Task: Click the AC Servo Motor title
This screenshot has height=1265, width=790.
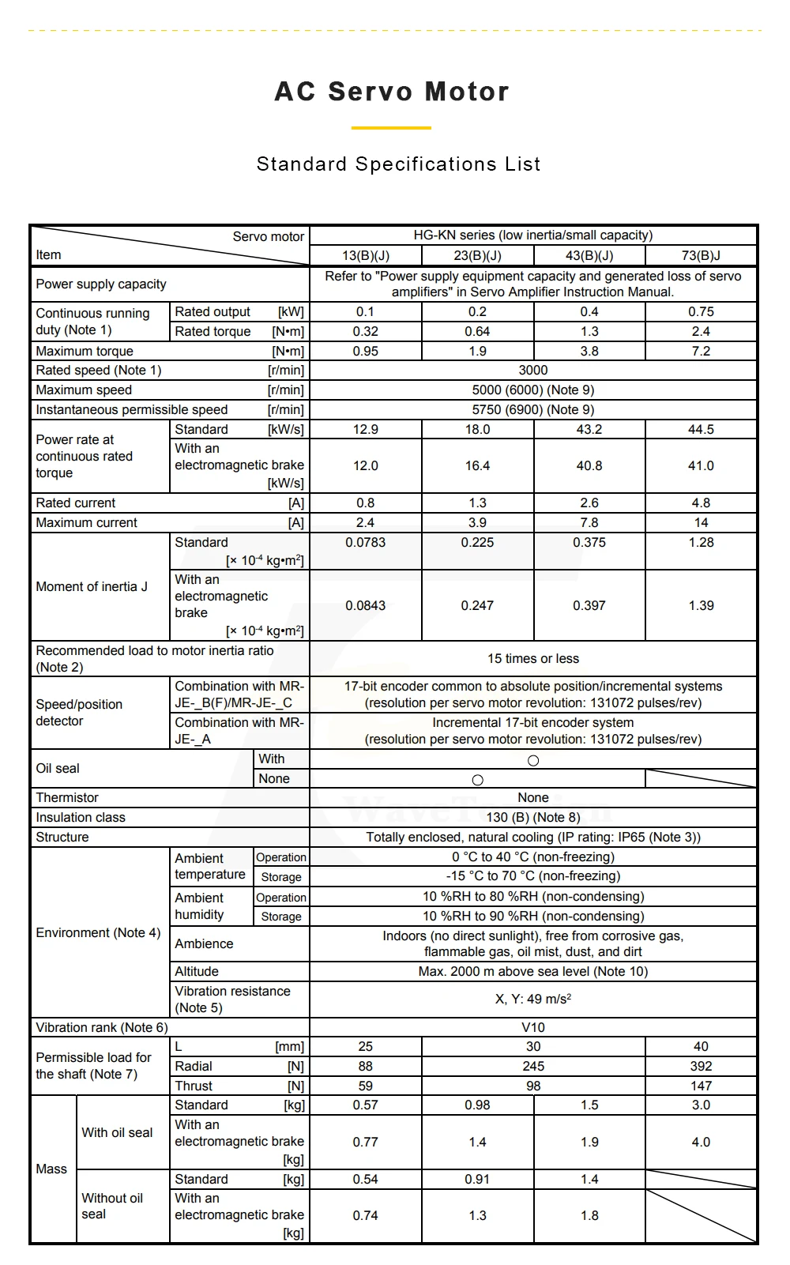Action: tap(392, 92)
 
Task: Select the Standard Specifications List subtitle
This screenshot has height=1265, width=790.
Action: tap(398, 164)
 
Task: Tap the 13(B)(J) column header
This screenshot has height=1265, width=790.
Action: tap(366, 256)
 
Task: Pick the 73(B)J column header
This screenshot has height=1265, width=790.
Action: tap(701, 256)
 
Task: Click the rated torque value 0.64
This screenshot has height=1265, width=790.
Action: tap(477, 332)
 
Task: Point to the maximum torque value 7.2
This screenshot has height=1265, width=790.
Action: tap(701, 352)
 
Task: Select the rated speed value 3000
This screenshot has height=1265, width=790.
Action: tap(533, 371)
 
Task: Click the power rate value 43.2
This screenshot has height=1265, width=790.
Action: tap(589, 430)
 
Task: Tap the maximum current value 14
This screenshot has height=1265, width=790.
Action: tap(701, 523)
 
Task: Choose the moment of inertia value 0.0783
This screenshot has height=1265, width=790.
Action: tap(366, 543)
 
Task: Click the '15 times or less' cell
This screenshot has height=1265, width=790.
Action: tap(533, 659)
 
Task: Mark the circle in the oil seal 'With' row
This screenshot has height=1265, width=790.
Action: tap(533, 761)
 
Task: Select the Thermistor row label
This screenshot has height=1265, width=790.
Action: tap(67, 798)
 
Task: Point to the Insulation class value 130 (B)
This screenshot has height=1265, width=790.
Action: tap(533, 818)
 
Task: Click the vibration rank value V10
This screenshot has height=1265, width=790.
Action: tap(533, 1028)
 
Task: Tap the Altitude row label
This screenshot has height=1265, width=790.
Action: tap(197, 972)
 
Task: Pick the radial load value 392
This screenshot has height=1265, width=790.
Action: tap(701, 1067)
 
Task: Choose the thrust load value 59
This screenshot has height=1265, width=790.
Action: tap(366, 1086)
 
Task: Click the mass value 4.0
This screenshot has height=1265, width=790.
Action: tap(701, 1143)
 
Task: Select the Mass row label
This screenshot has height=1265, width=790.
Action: tap(51, 1169)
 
